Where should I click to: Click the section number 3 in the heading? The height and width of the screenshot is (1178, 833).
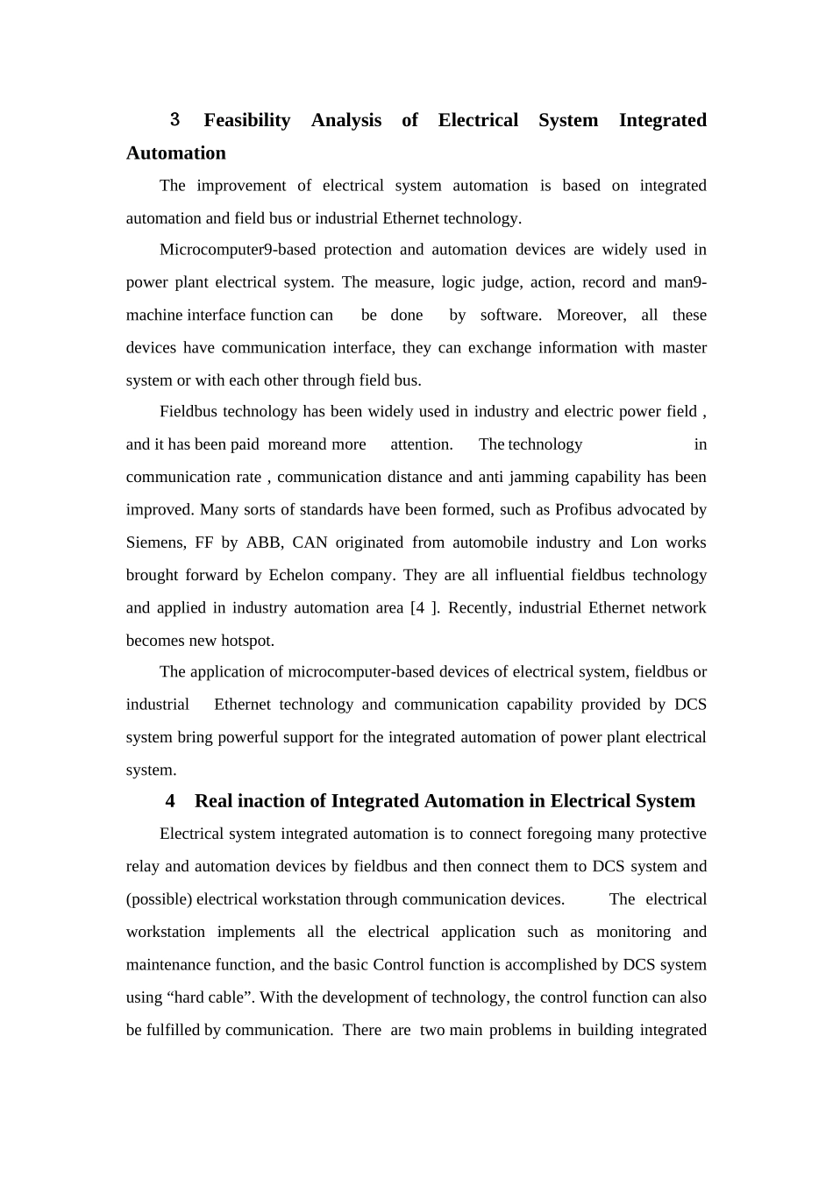click(174, 119)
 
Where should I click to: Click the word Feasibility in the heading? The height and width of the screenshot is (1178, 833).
click(246, 120)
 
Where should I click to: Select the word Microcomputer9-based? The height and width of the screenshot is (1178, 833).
click(237, 250)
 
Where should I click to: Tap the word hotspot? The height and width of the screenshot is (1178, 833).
click(248, 641)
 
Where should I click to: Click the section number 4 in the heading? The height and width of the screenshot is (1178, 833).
click(170, 801)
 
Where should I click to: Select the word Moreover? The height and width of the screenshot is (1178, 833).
click(591, 316)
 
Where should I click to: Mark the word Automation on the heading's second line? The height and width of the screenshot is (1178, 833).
click(175, 153)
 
